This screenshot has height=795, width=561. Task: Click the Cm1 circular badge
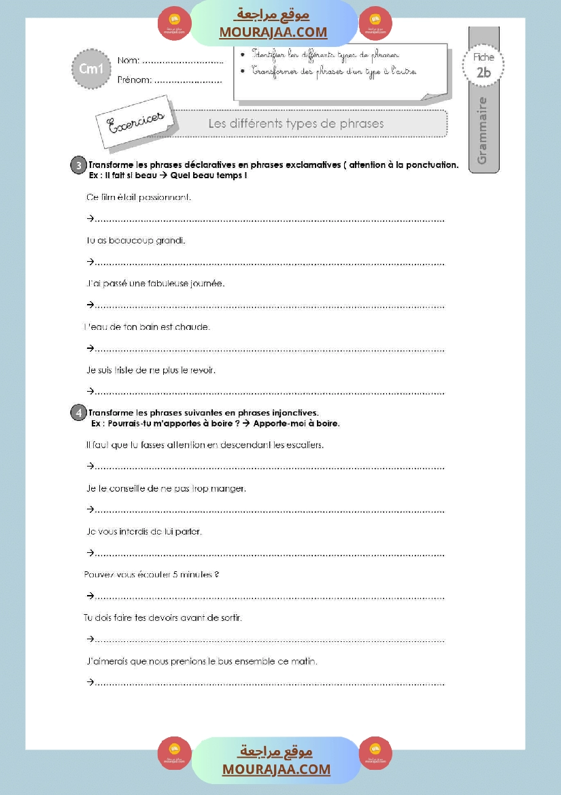point(90,69)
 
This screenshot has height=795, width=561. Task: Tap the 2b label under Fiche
point(483,73)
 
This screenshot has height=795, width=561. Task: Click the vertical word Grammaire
point(483,131)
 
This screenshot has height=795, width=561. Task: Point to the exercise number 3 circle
point(79,165)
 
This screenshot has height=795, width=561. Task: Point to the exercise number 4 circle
point(79,412)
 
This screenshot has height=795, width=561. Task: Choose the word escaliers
point(303,445)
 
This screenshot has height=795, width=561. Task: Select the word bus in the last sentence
point(226,661)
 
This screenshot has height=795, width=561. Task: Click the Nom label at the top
point(129,61)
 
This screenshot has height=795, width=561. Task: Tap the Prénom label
point(134,80)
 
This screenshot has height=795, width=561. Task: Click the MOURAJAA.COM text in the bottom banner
point(276,769)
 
